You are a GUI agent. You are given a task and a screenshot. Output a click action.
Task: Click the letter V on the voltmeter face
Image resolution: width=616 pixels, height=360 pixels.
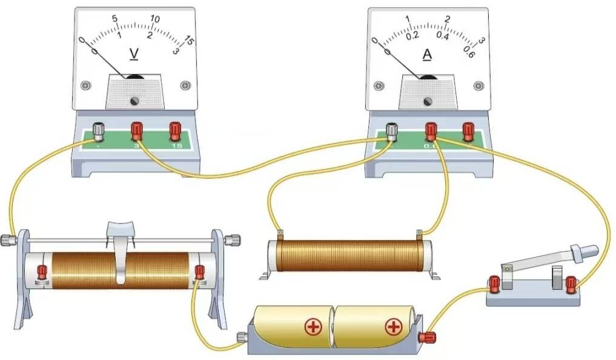134,55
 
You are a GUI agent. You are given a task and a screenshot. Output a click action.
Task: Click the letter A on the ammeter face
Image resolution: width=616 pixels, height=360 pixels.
427,55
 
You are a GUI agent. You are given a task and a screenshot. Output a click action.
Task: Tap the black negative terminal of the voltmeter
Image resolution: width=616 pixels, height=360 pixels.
98,130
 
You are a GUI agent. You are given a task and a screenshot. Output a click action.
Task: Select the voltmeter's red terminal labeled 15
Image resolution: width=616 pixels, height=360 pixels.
175,129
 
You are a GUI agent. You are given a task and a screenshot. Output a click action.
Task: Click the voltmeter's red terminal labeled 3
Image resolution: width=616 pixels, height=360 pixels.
137,129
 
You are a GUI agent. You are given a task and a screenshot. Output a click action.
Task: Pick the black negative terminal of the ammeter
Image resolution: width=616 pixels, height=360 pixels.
392,130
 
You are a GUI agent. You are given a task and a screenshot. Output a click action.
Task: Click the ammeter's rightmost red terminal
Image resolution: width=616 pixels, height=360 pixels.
468,129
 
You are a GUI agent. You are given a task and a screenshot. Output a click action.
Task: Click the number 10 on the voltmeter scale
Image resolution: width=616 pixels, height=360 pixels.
155,19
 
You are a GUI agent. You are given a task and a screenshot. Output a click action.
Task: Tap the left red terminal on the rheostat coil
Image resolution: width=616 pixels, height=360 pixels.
42,271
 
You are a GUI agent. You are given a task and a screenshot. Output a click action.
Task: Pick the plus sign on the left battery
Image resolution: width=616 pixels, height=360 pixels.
313,328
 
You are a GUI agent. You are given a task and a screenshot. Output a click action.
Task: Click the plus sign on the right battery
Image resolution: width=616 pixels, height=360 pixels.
394,328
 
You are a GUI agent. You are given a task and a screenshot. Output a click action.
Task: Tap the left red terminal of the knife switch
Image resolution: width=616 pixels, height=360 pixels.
494,282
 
